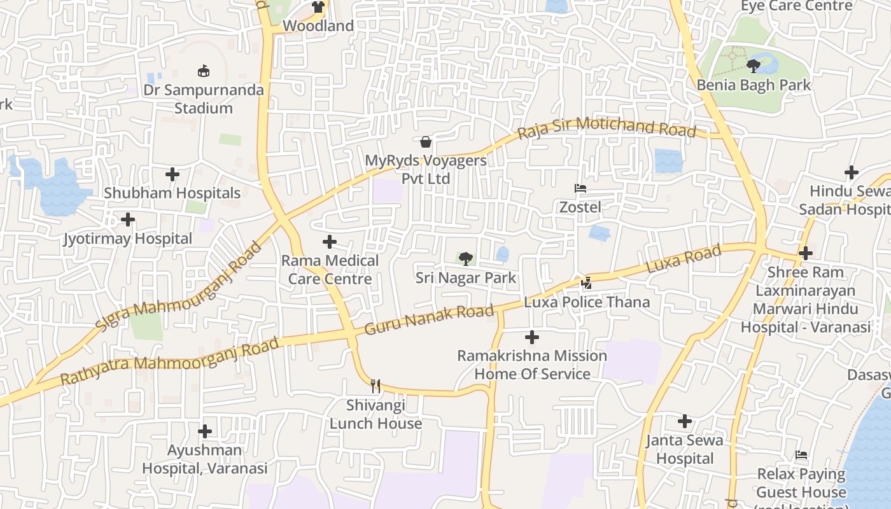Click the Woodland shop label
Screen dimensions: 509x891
(x=318, y=26)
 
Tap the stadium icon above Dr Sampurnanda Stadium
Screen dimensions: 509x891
(x=204, y=71)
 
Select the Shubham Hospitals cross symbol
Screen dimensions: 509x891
(x=172, y=174)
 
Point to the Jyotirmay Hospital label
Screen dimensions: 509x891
(x=128, y=239)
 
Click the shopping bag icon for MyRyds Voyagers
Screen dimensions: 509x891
(x=426, y=141)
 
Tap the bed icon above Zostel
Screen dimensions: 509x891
(x=580, y=188)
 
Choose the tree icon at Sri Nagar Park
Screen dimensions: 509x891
(x=466, y=258)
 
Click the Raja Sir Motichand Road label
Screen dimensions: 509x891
(x=607, y=128)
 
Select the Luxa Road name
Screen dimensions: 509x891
(x=684, y=259)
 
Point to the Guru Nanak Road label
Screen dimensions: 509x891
(x=430, y=320)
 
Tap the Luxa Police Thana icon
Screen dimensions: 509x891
(x=587, y=282)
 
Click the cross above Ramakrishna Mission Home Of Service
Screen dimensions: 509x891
(x=532, y=337)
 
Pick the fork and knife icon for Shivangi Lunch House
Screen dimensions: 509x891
(x=375, y=386)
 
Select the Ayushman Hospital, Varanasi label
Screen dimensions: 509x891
(x=204, y=459)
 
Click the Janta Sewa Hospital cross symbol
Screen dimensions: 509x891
(x=685, y=421)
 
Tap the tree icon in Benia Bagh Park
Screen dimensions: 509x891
(x=754, y=66)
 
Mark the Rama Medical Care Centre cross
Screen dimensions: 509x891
(x=330, y=242)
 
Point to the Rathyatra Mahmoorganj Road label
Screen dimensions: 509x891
(x=170, y=361)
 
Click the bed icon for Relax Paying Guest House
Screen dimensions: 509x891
(x=801, y=455)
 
